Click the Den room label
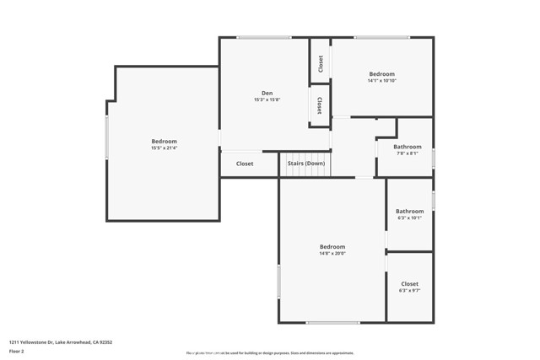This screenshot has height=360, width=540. click(x=267, y=93)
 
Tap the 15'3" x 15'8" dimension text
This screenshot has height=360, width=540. click(x=267, y=99)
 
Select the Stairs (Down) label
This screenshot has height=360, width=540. click(x=305, y=164)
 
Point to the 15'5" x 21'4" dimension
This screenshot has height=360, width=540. click(x=164, y=148)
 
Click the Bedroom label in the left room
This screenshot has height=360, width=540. click(x=164, y=141)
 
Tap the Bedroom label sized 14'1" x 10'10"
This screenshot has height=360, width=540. click(x=381, y=74)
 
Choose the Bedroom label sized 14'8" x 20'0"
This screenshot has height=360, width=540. click(x=332, y=246)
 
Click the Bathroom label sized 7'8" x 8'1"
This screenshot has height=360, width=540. click(x=408, y=147)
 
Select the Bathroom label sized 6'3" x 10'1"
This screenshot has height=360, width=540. click(x=410, y=211)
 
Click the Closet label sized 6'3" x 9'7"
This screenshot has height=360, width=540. click(x=410, y=284)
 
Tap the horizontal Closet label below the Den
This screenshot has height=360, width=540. click(x=245, y=164)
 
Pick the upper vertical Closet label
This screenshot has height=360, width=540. click(x=321, y=63)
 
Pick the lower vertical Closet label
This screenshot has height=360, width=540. click(x=320, y=105)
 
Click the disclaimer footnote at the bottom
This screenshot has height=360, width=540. click(x=270, y=353)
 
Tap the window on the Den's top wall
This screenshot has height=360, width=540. click(x=263, y=37)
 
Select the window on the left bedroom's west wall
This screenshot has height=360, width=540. click(x=106, y=137)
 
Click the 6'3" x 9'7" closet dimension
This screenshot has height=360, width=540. click(x=410, y=291)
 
